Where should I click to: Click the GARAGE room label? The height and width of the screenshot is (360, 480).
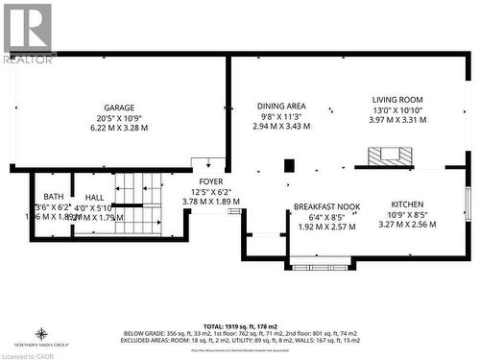119,108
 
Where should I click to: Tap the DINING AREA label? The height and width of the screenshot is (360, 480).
281,106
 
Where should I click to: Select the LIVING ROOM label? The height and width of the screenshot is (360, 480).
397,99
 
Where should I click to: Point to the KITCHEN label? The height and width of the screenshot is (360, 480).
407,204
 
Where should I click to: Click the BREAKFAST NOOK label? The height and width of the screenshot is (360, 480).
326,205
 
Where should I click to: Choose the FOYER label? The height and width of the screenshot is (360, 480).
210,181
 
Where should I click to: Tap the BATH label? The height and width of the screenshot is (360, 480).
53,197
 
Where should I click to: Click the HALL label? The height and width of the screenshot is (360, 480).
94,197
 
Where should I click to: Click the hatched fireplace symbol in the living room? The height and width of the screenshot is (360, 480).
389,156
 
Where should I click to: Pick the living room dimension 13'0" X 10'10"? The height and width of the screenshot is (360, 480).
397,109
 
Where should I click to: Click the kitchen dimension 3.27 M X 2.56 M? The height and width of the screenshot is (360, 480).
407,225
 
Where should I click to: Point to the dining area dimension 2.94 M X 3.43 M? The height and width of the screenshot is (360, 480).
281,127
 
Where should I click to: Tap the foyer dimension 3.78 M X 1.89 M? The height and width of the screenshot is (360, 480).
210,202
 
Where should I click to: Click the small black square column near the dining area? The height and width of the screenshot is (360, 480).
289,165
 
